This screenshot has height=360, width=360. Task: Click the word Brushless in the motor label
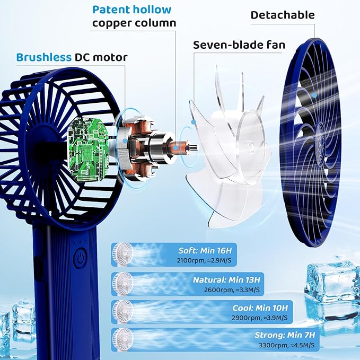(43, 57)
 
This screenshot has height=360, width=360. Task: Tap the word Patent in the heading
(111, 10)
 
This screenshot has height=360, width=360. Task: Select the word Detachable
(283, 15)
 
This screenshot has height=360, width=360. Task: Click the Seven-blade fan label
(239, 45)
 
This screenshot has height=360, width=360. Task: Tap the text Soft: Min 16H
(205, 250)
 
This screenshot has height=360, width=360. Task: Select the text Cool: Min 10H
(260, 308)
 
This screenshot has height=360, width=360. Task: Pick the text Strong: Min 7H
(285, 335)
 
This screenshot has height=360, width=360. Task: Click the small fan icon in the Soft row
(124, 254)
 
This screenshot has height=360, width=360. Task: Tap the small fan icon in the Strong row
(124, 340)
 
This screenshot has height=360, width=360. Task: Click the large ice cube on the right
(332, 282)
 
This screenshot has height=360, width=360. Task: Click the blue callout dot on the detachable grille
(314, 95)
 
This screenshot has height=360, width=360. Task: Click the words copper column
(134, 23)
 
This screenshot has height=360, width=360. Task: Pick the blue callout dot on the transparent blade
(194, 122)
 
